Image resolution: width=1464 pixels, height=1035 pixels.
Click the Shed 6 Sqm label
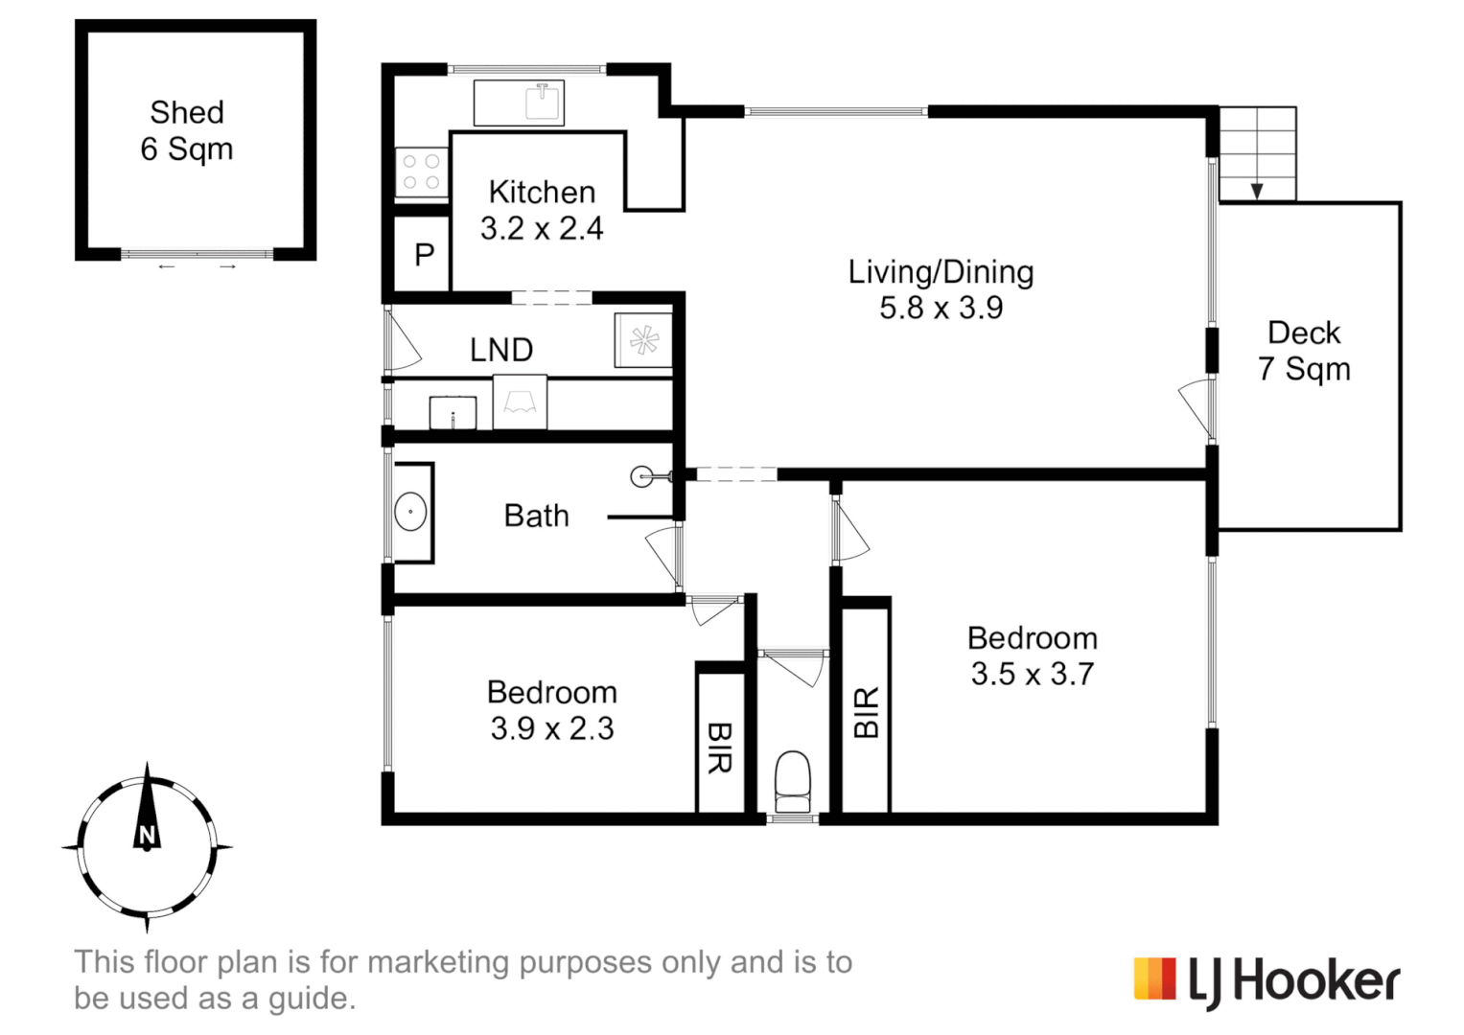point(187,130)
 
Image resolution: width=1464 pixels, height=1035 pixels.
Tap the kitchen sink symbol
point(543,102)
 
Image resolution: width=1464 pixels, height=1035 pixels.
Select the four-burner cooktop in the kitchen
point(422,172)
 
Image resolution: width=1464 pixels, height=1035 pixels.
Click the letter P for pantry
point(424,254)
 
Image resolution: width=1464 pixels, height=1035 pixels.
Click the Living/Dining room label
point(941,272)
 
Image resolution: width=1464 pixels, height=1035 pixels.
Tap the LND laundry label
point(502,350)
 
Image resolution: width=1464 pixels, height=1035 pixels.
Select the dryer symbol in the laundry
point(643,340)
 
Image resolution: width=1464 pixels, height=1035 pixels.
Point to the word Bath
point(537,516)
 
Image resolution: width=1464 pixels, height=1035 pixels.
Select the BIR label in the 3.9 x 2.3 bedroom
point(720,747)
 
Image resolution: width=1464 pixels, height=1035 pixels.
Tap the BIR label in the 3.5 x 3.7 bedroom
point(866,713)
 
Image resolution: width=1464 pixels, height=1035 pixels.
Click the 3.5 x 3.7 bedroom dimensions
point(1033,674)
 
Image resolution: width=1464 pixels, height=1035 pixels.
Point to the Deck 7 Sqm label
point(1304,351)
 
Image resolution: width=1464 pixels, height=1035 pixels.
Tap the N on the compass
point(147,835)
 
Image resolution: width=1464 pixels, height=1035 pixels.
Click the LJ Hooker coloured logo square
point(1155,978)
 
